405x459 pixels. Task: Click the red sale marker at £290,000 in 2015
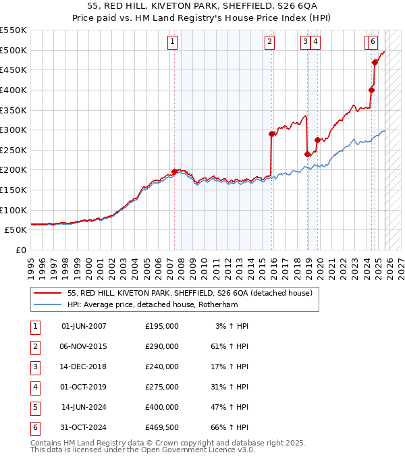click(271, 134)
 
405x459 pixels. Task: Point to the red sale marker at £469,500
click(375, 62)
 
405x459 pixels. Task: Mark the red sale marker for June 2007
click(174, 171)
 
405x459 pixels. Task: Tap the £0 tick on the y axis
click(20, 250)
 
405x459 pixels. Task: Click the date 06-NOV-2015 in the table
click(84, 346)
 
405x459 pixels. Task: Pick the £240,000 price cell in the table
click(162, 367)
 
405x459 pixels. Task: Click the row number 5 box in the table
click(34, 407)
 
